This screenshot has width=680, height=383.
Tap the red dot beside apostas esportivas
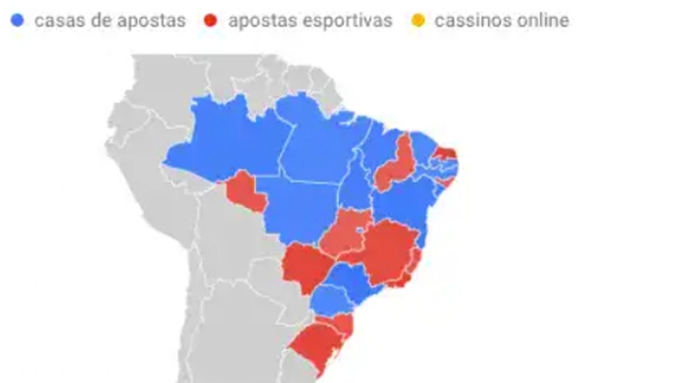pyautogui.click(x=211, y=20)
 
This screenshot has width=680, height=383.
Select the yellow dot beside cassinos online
pyautogui.click(x=419, y=20)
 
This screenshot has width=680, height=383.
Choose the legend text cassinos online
pyautogui.click(x=501, y=20)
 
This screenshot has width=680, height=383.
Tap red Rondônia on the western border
pyautogui.click(x=244, y=189)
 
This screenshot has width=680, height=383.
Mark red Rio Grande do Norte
pyautogui.click(x=447, y=153)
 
